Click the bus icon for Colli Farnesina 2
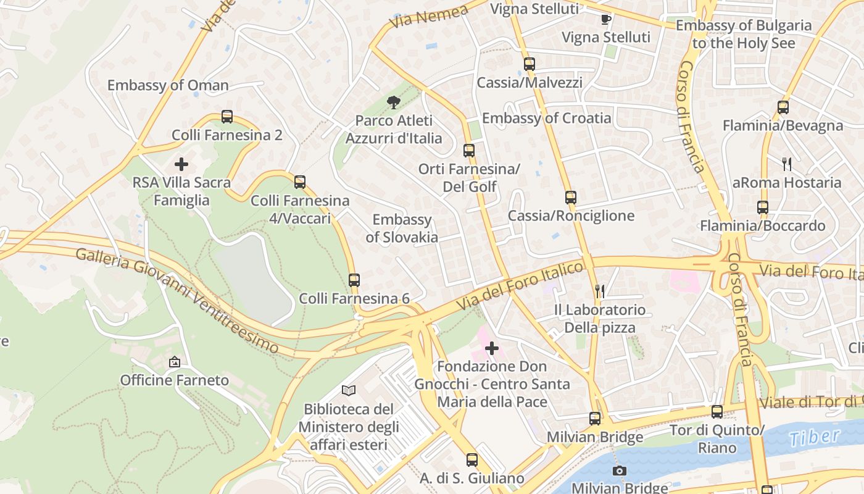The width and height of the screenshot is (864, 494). pos(227,117)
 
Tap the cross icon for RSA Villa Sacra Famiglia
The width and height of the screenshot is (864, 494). pos(181,164)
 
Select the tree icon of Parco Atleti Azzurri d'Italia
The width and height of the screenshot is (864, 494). pos(393,103)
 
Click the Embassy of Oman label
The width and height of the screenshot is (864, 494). pos(168,85)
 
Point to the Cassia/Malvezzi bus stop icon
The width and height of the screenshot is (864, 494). pos(529,64)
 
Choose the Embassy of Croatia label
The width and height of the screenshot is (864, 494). pos(546,118)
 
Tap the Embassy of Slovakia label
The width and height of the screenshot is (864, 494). pos(402,228)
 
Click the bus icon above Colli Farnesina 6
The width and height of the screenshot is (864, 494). pos(354,280)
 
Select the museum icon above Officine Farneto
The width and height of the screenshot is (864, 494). pos(175,362)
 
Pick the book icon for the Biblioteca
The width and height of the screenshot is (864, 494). pos(349,390)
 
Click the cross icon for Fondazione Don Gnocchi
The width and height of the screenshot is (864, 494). pos(492,349)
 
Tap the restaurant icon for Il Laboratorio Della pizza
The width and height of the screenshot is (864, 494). pos(599,291)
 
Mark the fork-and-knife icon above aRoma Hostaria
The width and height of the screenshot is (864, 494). pos(787,164)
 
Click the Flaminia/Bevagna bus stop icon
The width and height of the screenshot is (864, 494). pos(783,107)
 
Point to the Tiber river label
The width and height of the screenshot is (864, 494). pos(814,438)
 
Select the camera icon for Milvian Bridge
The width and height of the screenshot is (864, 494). pos(620,471)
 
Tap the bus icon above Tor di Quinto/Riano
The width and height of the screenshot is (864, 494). pos(717,412)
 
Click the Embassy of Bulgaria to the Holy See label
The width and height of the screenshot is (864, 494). pos(743,34)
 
